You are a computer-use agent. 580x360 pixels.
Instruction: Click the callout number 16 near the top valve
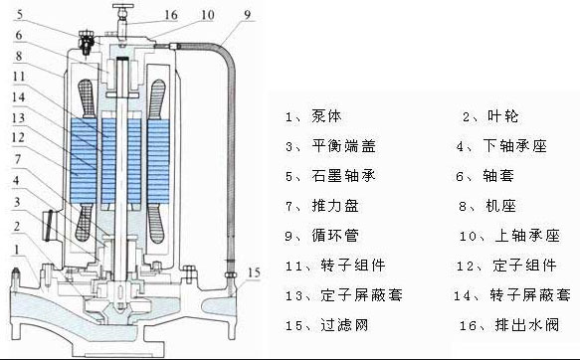171,15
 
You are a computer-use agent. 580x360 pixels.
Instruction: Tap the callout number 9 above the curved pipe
247,14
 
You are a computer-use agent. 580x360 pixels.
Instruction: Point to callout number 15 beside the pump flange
254,272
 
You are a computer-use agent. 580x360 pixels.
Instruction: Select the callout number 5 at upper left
19,14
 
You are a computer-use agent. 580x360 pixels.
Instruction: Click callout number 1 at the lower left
16,250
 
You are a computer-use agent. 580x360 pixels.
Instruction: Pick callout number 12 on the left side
18,137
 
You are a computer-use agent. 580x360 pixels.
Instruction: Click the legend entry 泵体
326,116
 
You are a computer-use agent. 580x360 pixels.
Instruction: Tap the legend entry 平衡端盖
343,146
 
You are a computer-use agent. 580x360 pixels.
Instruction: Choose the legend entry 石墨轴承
343,176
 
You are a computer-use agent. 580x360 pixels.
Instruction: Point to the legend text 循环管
335,236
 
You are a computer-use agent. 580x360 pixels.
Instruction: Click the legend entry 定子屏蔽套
361,295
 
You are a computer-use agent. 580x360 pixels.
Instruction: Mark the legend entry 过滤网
344,325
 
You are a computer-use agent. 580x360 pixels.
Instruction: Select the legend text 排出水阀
527,325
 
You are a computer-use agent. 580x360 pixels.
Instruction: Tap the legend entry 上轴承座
527,236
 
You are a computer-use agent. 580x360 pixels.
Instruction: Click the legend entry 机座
500,206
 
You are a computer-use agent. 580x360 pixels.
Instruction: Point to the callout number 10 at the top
208,15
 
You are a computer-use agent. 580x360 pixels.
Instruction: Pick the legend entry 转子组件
353,266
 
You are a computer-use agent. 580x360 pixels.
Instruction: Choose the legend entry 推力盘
335,206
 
